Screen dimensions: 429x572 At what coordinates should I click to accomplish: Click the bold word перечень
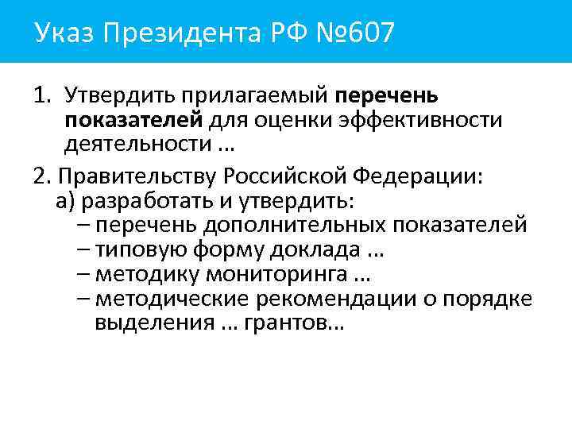386,96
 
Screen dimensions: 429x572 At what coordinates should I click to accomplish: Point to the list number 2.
42,175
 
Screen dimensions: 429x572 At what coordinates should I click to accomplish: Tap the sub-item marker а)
64,199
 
